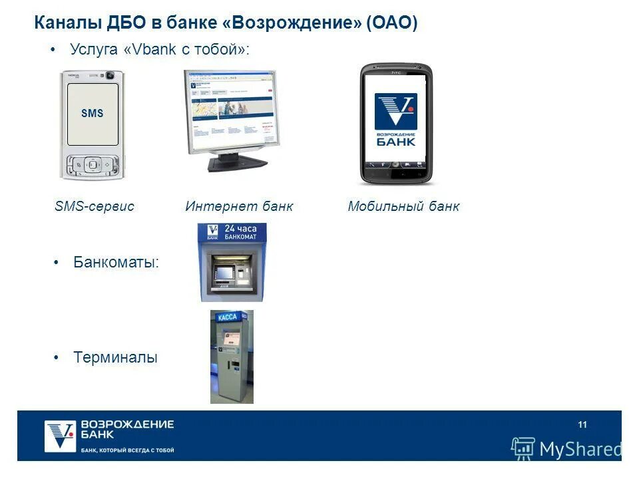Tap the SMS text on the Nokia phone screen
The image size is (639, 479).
[93, 114]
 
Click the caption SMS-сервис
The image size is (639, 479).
[95, 206]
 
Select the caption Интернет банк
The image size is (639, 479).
[239, 206]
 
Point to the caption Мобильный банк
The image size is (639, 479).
[403, 206]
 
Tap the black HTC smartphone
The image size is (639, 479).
[395, 123]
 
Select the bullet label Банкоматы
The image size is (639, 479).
[116, 262]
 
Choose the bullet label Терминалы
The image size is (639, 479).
[116, 357]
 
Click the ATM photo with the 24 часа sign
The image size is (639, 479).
[232, 262]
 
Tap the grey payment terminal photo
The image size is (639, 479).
[232, 357]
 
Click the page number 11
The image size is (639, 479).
[582, 425]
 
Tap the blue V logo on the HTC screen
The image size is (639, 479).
[395, 111]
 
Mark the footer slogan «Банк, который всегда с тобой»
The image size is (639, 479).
[127, 450]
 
